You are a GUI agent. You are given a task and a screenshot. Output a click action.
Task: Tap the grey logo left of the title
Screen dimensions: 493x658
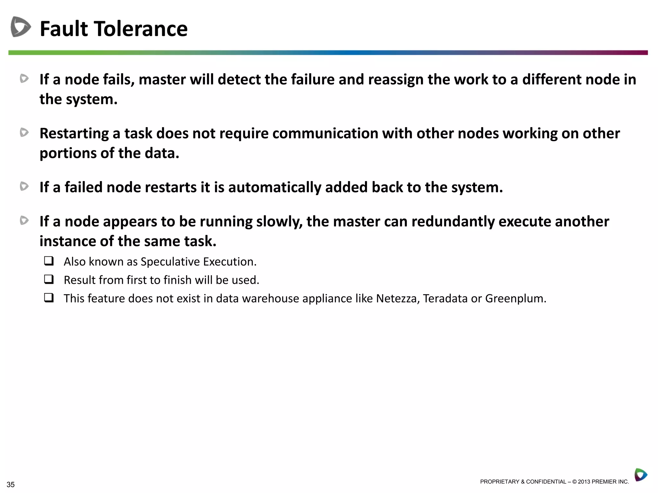point(21,27)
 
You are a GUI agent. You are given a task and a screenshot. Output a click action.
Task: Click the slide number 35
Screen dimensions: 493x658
point(11,484)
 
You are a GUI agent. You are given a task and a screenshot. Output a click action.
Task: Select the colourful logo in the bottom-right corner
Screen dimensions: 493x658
point(641,475)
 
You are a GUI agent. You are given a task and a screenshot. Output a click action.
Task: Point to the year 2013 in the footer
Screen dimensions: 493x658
point(584,482)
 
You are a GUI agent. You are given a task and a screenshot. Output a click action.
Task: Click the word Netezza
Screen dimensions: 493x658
point(397,298)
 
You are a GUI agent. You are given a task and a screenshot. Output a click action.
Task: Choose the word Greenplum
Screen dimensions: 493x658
point(515,298)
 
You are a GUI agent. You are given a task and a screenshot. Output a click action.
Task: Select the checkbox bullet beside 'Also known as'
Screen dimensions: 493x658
point(49,261)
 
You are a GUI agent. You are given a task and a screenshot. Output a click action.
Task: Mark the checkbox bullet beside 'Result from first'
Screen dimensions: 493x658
point(49,279)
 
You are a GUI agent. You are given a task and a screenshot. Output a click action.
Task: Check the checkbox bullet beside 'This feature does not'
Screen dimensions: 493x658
point(49,298)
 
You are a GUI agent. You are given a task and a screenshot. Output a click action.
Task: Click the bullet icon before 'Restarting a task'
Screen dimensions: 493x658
point(24,132)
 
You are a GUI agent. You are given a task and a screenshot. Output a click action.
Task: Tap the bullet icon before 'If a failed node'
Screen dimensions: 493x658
point(24,186)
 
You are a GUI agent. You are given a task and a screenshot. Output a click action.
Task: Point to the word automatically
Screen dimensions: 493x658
point(274,187)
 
